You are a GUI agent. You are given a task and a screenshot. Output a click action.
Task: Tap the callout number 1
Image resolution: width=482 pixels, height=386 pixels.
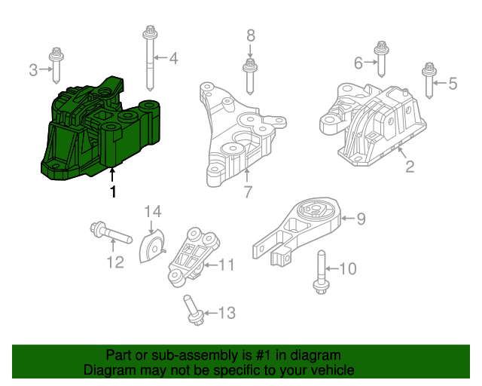(113, 192)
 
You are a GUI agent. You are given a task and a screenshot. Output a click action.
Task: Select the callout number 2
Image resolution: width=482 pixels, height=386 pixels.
(410, 167)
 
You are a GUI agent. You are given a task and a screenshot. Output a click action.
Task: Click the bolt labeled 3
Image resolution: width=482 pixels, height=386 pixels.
(56, 66)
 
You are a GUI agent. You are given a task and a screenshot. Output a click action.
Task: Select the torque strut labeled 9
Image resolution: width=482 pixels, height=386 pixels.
(297, 230)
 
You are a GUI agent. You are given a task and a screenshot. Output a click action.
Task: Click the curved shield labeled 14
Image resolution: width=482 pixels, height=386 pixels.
(154, 248)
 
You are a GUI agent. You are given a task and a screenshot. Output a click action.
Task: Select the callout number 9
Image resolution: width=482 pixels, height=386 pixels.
(361, 219)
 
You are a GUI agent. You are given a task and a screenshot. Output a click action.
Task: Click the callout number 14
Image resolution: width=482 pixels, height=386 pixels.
(153, 211)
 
